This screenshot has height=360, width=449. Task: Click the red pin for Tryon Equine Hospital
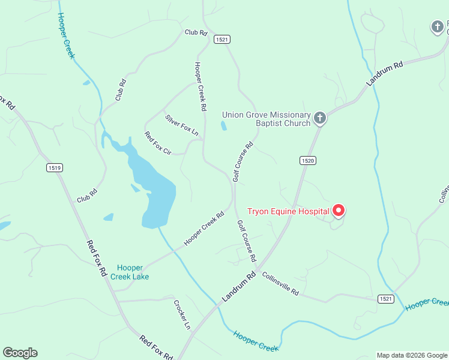339,210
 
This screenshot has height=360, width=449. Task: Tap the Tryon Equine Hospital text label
288,211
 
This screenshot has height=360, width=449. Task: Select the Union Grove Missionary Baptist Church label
267,119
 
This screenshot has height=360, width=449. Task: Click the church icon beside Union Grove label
321,118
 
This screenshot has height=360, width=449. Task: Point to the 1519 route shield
55,168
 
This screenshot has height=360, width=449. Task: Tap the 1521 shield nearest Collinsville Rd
386,298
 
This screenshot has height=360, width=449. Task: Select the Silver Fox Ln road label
182,124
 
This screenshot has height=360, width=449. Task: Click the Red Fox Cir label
158,144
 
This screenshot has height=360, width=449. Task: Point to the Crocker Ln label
182,314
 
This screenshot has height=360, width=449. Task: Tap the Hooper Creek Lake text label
130,272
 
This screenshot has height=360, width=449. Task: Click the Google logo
20,353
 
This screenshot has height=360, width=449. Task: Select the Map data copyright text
411,355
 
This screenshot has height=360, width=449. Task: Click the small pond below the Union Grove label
224,125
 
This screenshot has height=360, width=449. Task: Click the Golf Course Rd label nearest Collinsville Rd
247,241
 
